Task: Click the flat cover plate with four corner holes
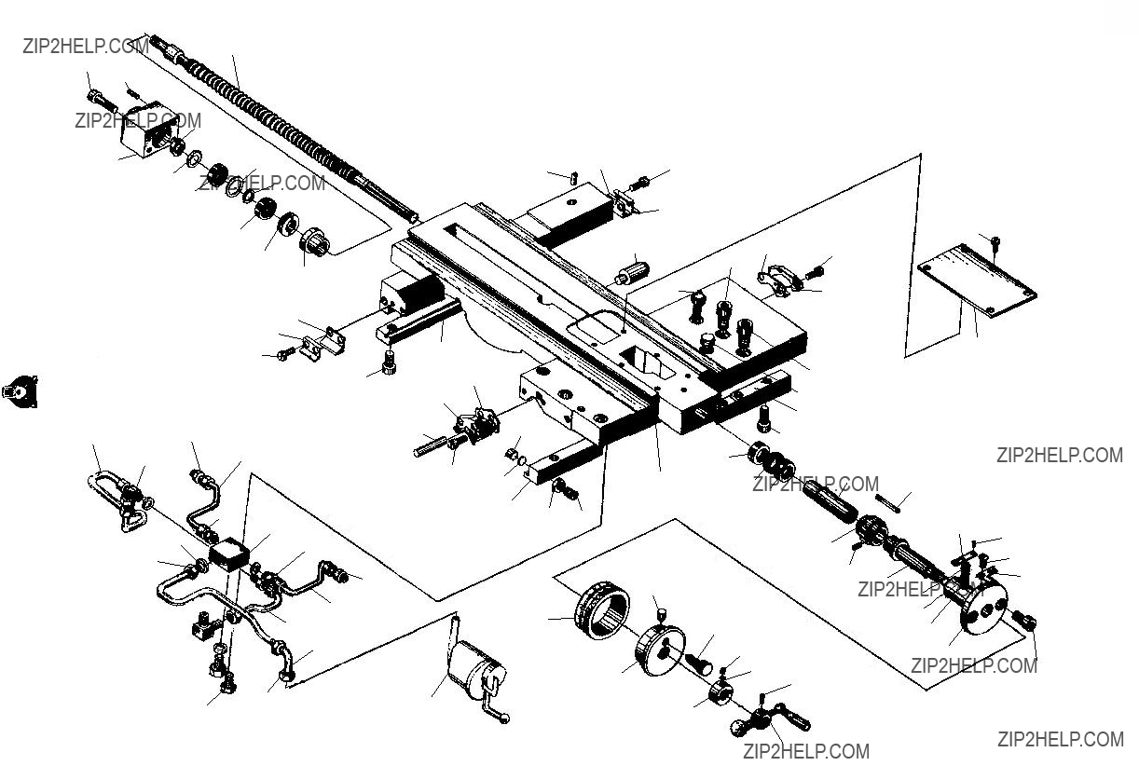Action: [x=977, y=279]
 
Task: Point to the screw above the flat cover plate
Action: [x=995, y=242]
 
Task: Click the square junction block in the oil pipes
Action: [x=229, y=556]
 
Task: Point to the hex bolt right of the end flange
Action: [x=1023, y=619]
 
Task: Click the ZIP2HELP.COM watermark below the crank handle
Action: [x=806, y=751]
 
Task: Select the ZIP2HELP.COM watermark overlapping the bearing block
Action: [x=139, y=120]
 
